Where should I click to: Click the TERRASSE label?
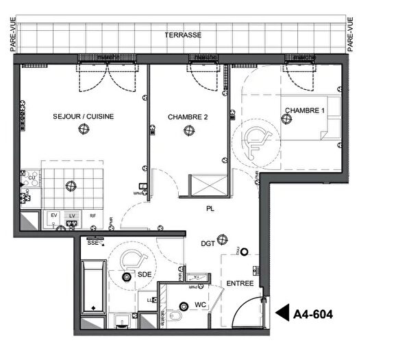[x=183, y=34]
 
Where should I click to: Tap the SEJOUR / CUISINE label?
[x=83, y=117]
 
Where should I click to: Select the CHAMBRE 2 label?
[x=188, y=117]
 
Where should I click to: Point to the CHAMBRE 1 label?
[x=305, y=110]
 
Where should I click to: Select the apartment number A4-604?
[x=313, y=315]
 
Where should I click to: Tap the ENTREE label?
[x=240, y=284]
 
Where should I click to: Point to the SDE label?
[x=145, y=274]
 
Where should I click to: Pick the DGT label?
[x=208, y=243]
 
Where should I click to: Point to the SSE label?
[x=92, y=242]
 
